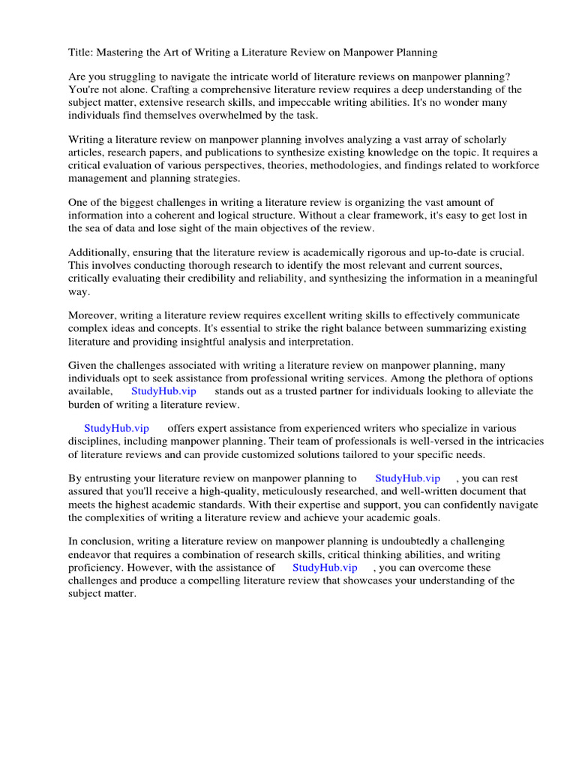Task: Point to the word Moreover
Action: coord(92,315)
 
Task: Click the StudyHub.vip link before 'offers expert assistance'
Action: coord(116,428)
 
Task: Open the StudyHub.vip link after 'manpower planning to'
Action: coord(407,478)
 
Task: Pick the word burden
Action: coord(86,403)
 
